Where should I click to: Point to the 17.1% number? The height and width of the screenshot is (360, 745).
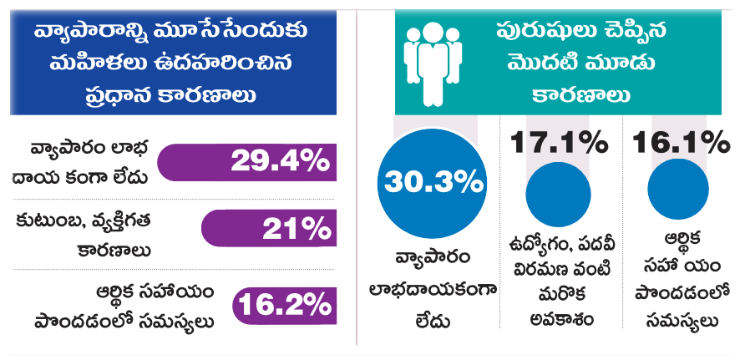tap(559, 143)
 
